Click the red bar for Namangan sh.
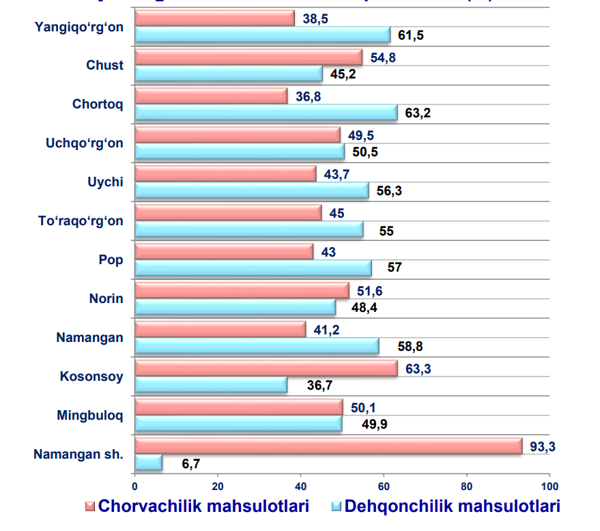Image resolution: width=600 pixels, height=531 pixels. tap(328, 446)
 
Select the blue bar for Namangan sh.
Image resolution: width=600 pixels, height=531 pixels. tap(149, 463)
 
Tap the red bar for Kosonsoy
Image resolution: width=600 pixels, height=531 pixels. tap(266, 369)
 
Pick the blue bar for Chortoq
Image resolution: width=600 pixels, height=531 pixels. tap(266, 112)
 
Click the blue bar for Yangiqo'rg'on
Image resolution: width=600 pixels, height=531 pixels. tap(263, 35)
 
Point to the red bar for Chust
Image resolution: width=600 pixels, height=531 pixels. tap(248, 57)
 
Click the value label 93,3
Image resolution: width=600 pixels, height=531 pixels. tap(543, 446)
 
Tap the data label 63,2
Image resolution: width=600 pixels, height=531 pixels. tap(418, 113)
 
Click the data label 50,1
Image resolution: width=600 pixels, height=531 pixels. tap(364, 408)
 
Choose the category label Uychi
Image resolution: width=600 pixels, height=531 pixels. tap(106, 182)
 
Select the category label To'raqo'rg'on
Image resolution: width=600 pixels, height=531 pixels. tap(81, 220)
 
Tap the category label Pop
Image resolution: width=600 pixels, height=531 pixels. tap(111, 259)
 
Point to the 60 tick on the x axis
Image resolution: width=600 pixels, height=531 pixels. tap(384, 487)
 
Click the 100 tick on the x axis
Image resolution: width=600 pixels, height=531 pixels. tap(549, 487)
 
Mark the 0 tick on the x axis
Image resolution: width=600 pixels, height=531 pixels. tap(135, 487)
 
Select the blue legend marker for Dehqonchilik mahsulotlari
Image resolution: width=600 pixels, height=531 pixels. tap(335, 507)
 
